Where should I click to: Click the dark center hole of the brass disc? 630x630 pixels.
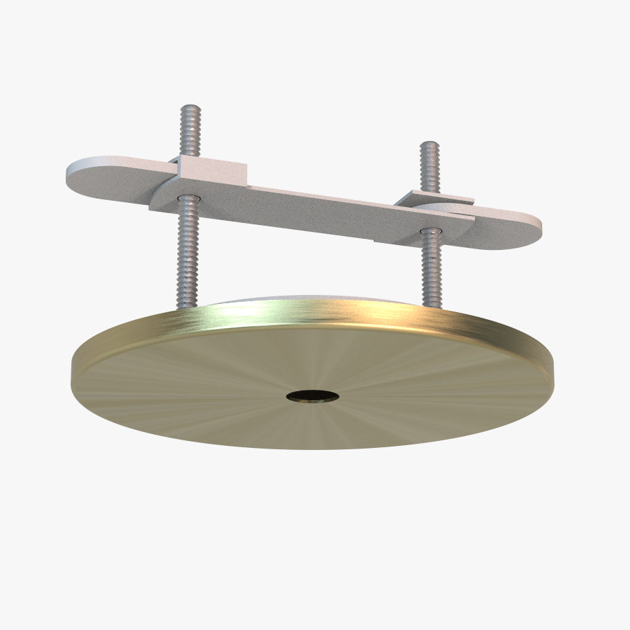coord(313,396)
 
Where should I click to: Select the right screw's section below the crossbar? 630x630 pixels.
coord(431,267)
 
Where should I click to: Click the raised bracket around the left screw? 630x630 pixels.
coord(210,169)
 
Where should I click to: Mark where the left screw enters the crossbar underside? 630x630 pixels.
coord(188,199)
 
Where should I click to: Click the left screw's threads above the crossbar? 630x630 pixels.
coord(190,135)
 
